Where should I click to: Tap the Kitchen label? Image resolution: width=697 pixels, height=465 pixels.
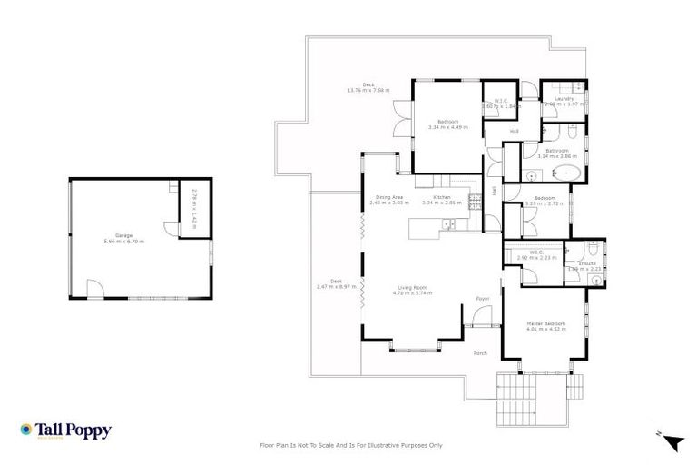[441, 198]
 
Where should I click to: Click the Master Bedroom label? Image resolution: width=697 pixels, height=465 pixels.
[546, 324]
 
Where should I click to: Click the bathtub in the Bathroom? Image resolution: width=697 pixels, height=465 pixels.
[567, 172]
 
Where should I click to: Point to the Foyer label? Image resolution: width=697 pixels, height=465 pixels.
[483, 298]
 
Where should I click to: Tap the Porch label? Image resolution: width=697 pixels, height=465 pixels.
[480, 354]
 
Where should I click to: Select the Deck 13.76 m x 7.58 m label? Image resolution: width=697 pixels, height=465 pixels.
[368, 87]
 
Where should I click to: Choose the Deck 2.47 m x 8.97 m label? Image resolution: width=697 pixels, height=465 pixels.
[335, 283]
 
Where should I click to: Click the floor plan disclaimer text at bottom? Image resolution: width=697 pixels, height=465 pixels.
[351, 446]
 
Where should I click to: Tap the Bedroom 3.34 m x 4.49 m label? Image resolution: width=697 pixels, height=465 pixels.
[447, 124]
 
